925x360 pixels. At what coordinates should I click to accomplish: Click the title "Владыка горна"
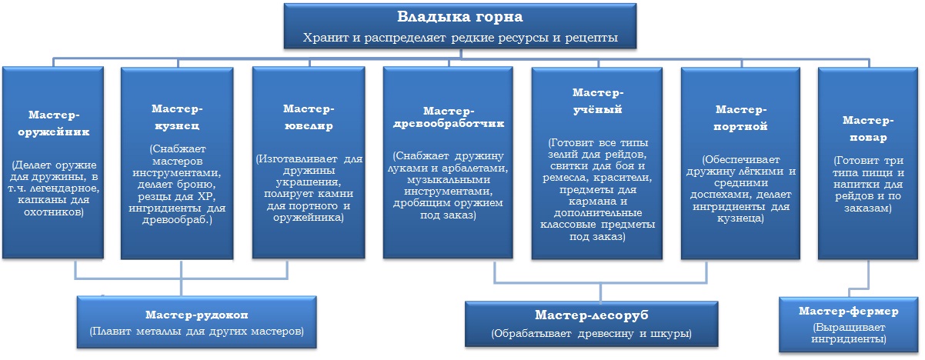tap(459, 17)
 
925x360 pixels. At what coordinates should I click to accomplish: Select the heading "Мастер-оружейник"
tap(53, 123)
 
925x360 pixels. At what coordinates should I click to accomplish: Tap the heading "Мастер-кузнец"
tap(177, 117)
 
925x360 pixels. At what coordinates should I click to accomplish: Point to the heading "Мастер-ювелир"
tap(309, 117)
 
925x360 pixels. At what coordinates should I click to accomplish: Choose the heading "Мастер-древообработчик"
tap(449, 117)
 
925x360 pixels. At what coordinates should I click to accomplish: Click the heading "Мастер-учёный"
tap(598, 101)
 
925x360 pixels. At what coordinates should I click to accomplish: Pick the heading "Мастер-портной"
tap(741, 118)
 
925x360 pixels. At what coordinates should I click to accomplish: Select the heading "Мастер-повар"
tap(868, 128)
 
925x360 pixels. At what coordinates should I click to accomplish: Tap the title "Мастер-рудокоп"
tap(196, 315)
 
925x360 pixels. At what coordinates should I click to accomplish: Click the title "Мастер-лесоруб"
tap(591, 315)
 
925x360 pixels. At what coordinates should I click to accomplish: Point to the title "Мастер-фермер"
tap(848, 311)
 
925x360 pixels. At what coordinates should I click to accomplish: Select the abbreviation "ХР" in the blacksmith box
tap(206, 196)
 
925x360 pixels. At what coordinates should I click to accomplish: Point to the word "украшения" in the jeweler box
tap(308, 182)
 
